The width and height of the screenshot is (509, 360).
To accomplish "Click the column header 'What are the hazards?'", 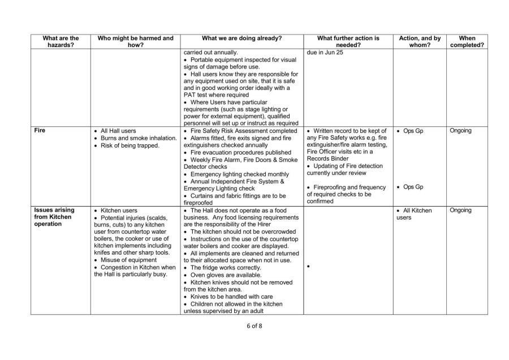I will pos(61,42).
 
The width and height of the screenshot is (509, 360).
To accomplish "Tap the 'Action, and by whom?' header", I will pos(420,42).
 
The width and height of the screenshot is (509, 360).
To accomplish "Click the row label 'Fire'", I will pos(41,131).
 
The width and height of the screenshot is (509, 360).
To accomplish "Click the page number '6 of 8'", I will pos(254,327).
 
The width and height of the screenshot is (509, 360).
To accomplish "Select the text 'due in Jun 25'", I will pos(325,53).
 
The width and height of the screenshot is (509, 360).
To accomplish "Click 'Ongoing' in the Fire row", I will pos(462,131).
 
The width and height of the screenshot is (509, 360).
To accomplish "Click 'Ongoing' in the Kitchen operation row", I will pos(462,210).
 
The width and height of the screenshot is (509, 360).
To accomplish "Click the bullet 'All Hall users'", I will pos(118,131).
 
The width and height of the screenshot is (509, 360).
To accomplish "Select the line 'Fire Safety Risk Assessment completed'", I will pos(244,131).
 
